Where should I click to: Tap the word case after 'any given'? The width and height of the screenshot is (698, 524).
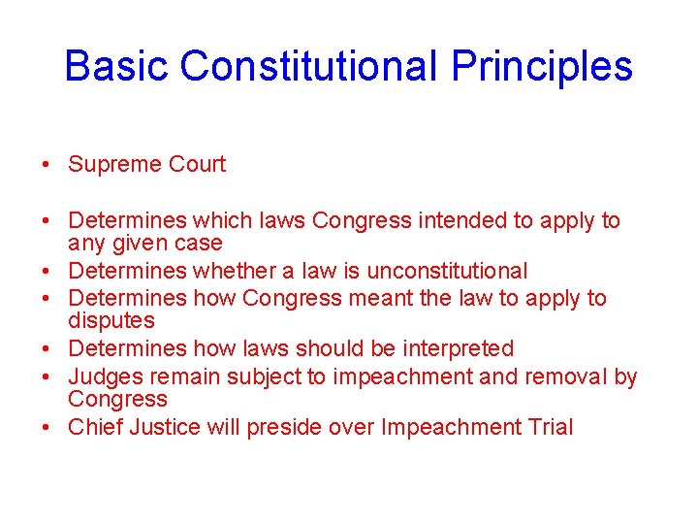pos(200,244)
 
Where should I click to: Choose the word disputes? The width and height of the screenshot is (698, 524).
pos(111,320)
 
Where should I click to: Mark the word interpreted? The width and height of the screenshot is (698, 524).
pos(457,348)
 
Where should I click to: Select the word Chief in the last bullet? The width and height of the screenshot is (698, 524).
pos(93,427)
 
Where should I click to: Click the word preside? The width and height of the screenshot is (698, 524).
pos(281,427)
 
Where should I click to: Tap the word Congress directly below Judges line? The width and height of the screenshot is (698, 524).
pos(117,399)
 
